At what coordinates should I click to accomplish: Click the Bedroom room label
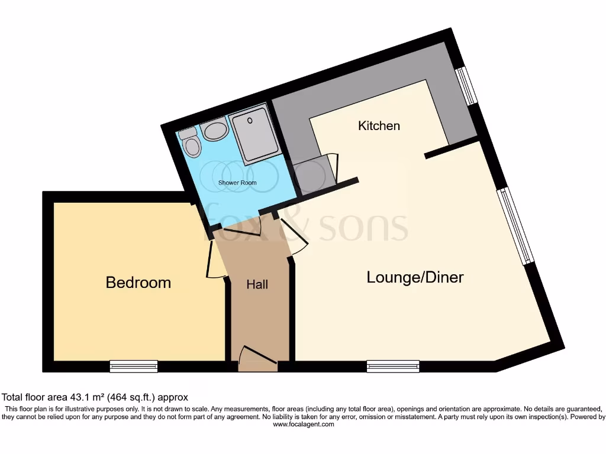pos(138,283)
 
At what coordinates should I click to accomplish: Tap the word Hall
pos(257,284)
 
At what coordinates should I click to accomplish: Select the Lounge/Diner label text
pos(415,277)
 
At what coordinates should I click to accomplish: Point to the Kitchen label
pos(379,126)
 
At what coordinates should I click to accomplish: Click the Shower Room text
pos(237,183)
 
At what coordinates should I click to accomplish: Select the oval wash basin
pos(214,131)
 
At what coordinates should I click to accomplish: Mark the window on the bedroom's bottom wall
pos(134,367)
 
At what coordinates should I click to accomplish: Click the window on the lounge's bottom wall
pos(393,367)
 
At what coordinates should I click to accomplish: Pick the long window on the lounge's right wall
pos(516,226)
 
